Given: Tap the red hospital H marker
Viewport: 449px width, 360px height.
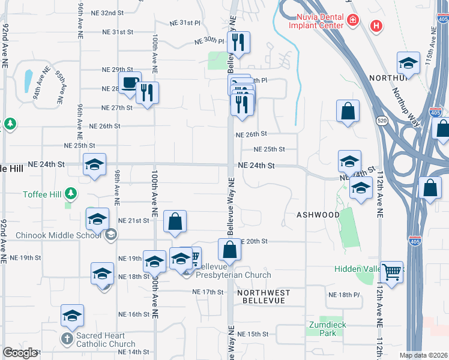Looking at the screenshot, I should pos(376,26).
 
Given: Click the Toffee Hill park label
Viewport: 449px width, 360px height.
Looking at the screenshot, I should pos(34,193).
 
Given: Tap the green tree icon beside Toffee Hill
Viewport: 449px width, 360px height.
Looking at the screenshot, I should pos(71,193).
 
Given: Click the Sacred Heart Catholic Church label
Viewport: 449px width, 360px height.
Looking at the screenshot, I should pos(101,340).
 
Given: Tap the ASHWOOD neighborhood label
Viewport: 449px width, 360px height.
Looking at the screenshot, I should pos(318,214).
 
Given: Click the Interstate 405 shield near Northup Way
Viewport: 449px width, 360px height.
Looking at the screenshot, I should pos(436,112).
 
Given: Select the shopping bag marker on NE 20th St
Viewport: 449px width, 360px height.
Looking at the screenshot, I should pos(229,250).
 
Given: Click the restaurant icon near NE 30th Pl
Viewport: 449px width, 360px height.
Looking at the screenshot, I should pos(239,43).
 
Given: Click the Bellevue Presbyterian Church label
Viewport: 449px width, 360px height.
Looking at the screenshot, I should pos(234,271).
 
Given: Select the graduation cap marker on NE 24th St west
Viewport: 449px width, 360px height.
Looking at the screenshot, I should pos(94,165).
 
